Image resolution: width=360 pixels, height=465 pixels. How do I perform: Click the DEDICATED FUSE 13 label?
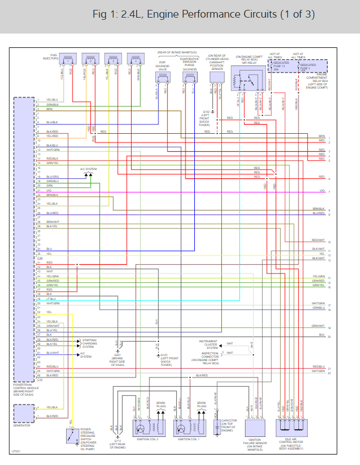(281, 64)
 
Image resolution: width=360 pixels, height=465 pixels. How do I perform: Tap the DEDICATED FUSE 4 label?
(308, 66)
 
